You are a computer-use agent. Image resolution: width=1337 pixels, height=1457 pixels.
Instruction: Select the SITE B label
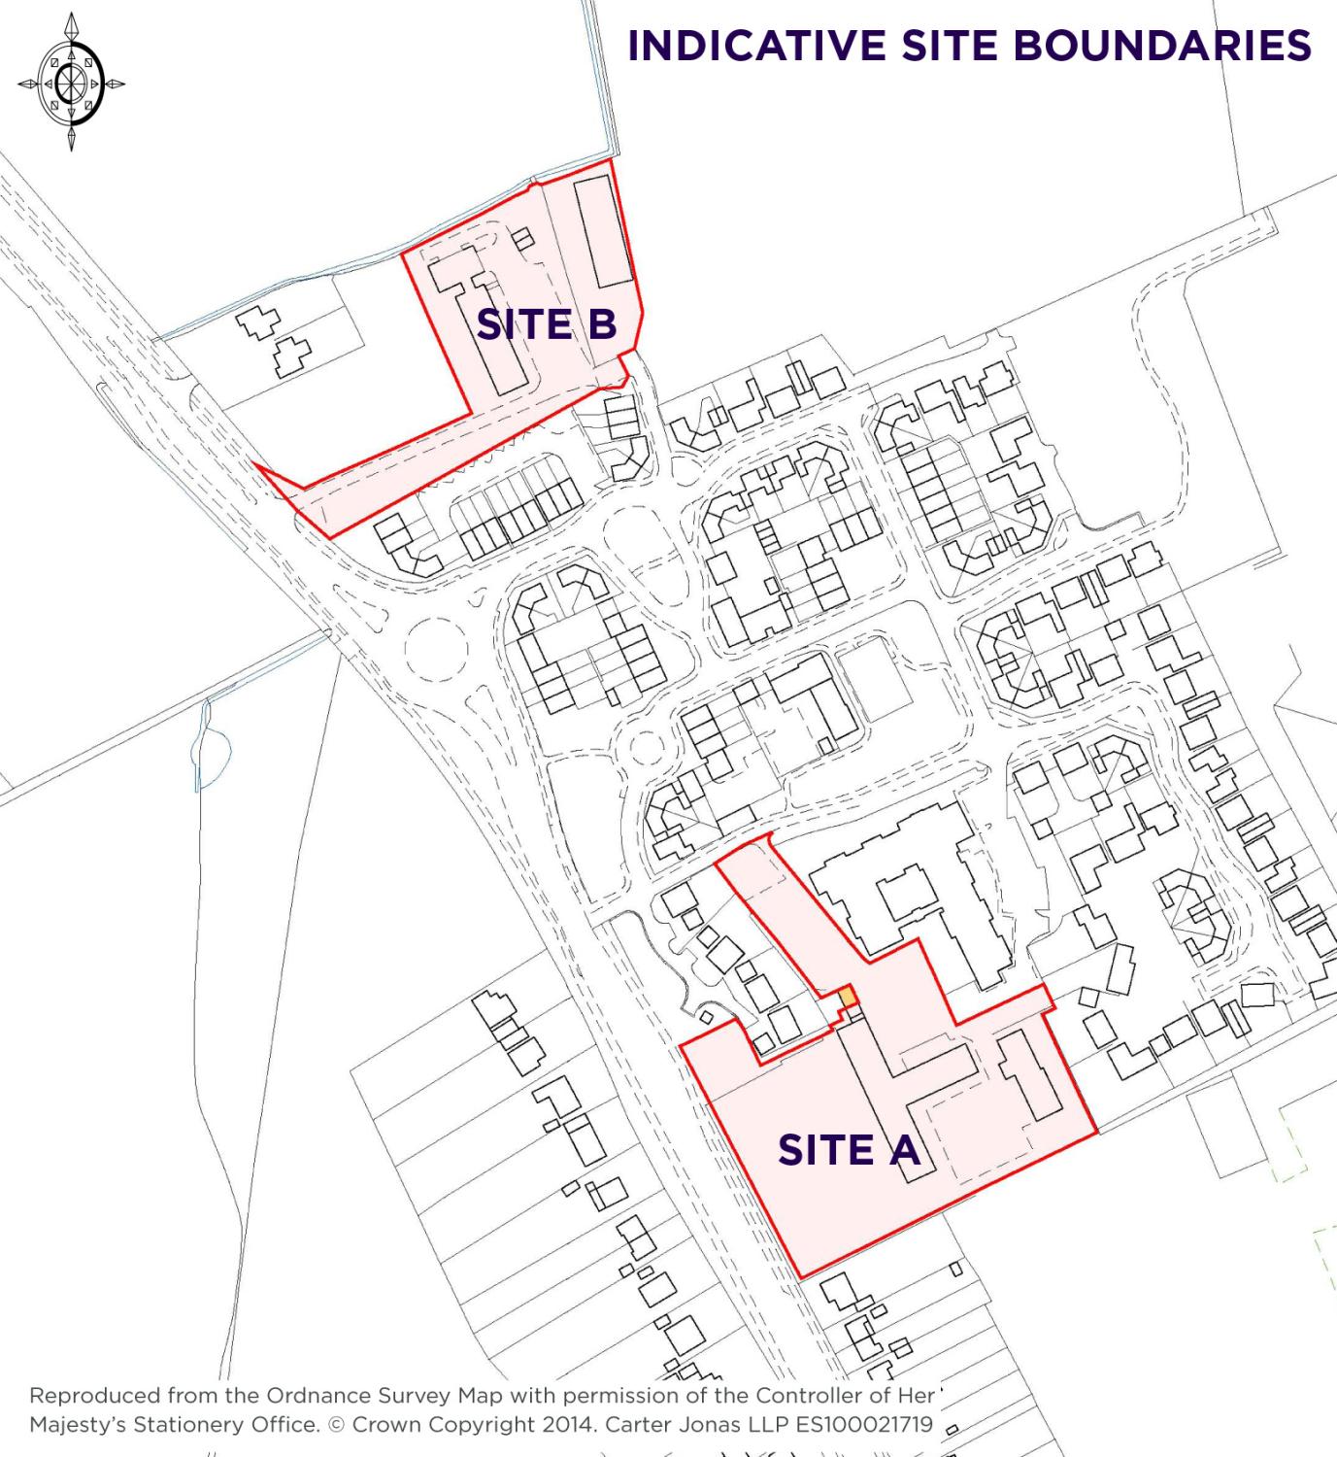pos(547,324)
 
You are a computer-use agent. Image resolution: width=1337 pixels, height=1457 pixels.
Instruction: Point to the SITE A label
pos(848,1150)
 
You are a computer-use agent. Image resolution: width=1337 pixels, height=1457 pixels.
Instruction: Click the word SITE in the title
pos(957,46)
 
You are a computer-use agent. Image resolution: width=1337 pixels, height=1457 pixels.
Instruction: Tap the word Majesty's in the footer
pos(77,1425)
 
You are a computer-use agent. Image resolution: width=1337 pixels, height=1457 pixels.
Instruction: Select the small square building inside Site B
pos(523,239)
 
